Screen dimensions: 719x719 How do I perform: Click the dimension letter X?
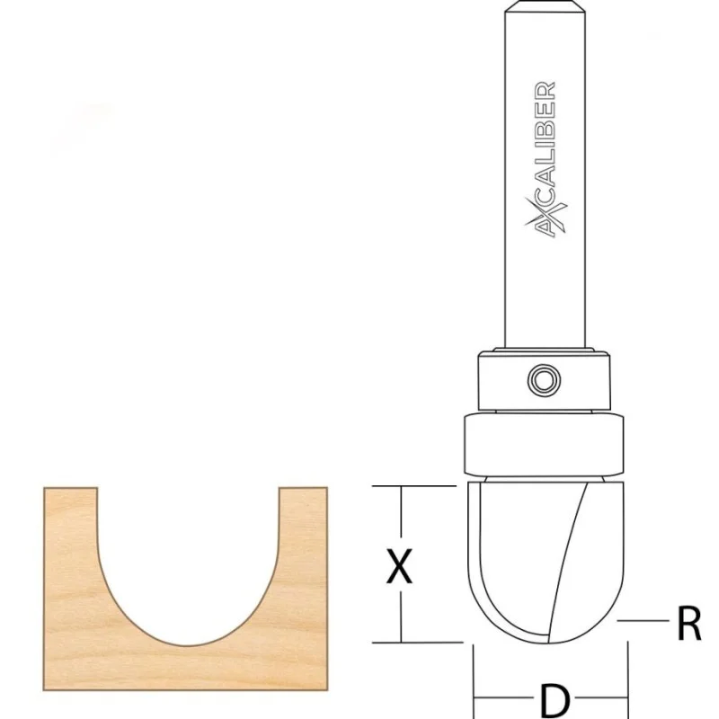[x=399, y=566]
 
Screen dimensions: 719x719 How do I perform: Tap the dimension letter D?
[x=555, y=701]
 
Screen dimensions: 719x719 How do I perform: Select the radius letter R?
[x=689, y=623]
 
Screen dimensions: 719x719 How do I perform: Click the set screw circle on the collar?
[x=544, y=380]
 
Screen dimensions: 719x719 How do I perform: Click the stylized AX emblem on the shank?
[x=546, y=217]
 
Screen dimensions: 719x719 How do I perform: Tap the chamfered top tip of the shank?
[x=545, y=5]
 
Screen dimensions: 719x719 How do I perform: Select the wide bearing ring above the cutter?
[x=544, y=445]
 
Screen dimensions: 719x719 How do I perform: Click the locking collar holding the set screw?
[x=544, y=380]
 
